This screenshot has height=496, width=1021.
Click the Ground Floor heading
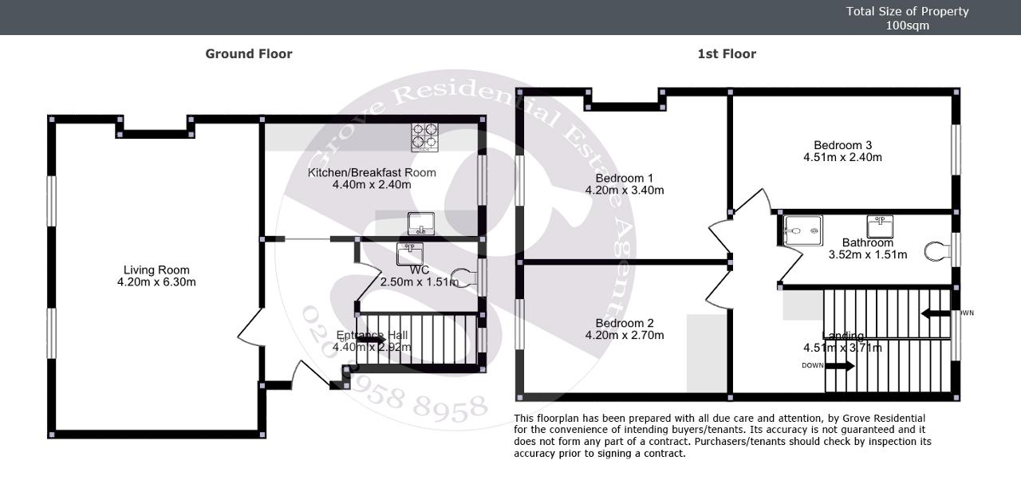(x=249, y=54)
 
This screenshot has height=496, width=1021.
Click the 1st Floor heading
(x=727, y=54)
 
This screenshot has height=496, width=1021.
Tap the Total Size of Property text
(x=907, y=11)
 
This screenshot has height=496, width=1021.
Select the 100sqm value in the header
(x=907, y=26)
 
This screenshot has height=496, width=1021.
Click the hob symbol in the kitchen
(x=425, y=137)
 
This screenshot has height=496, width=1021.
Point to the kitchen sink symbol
(x=420, y=223)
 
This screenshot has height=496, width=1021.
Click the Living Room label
(x=156, y=270)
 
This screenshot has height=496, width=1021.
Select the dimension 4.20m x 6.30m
(x=156, y=282)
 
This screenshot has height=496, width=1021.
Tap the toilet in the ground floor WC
(x=461, y=278)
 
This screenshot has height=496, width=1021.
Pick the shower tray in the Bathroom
(x=802, y=230)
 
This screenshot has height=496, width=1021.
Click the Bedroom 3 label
(x=842, y=145)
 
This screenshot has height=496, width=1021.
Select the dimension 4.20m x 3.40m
(x=625, y=190)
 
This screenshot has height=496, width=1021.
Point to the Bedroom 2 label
(x=625, y=323)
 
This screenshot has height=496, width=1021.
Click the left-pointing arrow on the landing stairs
(x=935, y=313)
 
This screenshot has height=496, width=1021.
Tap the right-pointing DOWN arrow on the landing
(x=839, y=366)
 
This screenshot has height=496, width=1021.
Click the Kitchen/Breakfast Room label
(x=372, y=172)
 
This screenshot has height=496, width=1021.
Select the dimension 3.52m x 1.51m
(x=868, y=255)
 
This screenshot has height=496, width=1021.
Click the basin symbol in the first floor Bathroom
(x=880, y=226)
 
